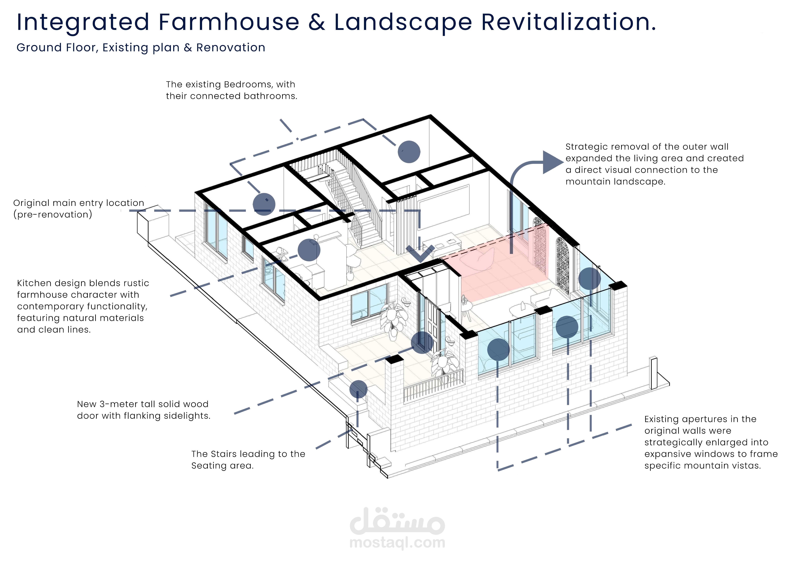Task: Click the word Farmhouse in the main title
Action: coord(229,22)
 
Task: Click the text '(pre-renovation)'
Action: coord(53,215)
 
